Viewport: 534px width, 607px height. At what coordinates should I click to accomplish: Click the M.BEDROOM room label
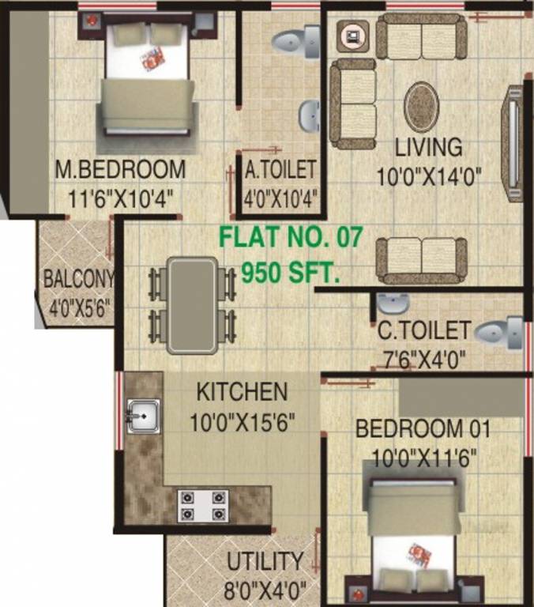[120, 169]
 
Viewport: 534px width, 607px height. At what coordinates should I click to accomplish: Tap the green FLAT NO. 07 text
[290, 236]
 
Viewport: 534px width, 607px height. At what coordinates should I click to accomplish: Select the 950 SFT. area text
[291, 273]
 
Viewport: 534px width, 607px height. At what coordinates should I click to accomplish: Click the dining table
[192, 304]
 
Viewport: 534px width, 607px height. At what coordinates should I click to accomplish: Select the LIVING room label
[428, 148]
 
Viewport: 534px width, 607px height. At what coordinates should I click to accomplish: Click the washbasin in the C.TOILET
[391, 303]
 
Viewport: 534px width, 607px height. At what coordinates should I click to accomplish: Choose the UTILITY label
[265, 562]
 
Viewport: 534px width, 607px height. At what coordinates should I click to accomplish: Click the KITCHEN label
[242, 391]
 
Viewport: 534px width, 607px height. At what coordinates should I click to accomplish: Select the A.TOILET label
[280, 170]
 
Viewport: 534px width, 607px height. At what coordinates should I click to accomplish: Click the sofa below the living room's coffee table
[421, 258]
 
